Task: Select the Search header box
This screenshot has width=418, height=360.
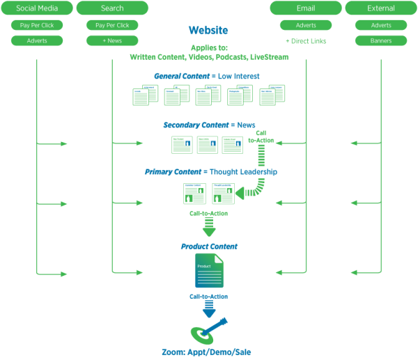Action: pyautogui.click(x=112, y=8)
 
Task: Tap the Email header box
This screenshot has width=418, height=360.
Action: pyautogui.click(x=306, y=8)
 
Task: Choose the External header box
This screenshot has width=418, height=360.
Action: pyautogui.click(x=381, y=8)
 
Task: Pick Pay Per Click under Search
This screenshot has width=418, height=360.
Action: pyautogui.click(x=112, y=25)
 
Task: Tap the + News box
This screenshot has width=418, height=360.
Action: pyautogui.click(x=112, y=40)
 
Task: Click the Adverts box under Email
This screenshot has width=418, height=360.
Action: pyautogui.click(x=306, y=25)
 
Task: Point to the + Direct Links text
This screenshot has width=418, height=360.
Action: pyautogui.click(x=306, y=41)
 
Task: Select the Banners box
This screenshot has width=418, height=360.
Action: pyautogui.click(x=381, y=40)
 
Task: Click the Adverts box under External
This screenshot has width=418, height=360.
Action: pyautogui.click(x=381, y=25)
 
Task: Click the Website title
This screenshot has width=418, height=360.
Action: pyautogui.click(x=208, y=31)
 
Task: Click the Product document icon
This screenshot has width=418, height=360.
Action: pyautogui.click(x=208, y=271)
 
